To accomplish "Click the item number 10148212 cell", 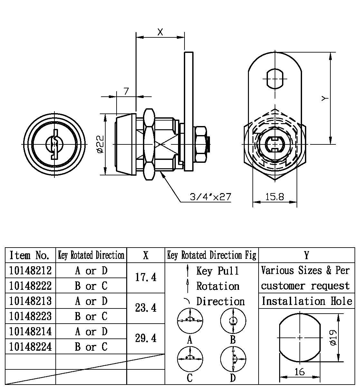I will point(30,270).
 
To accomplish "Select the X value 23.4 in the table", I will point(146,308).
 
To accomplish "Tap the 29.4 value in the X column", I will point(146,338).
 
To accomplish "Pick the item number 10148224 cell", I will point(30,347).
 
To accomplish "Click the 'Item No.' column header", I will point(30,255).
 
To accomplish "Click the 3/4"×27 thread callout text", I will point(210,197).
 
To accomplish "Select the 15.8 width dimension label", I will point(274,197).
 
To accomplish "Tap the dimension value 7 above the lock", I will point(126,91).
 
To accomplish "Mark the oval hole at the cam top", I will point(275,78).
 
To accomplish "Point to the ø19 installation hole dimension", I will point(333,337).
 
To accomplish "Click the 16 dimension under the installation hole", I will point(299,372).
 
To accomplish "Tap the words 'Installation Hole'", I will point(307,301).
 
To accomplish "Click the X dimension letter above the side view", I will point(160,32).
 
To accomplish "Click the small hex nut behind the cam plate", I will point(201,144).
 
